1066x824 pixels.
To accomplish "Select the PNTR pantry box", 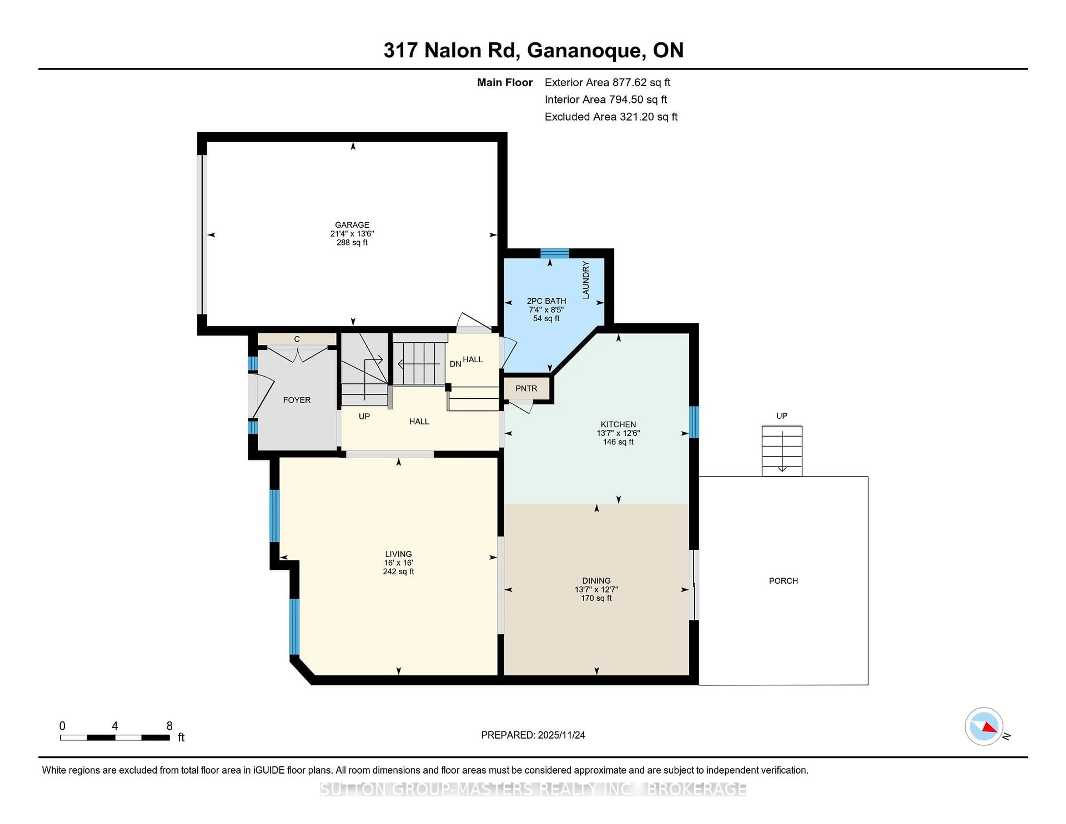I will tap(526, 389).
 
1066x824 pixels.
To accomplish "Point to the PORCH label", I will tap(783, 581).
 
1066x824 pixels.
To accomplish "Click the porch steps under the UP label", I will tap(782, 451).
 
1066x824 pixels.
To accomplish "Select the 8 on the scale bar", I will tap(169, 726).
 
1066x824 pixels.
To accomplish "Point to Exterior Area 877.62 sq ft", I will tap(607, 82).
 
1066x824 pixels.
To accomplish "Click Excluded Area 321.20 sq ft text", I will tap(611, 117).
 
